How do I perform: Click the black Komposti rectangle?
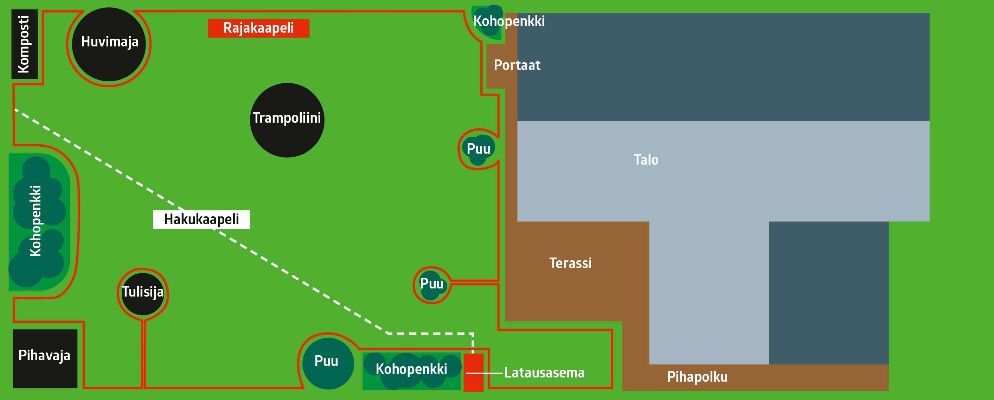click(x=24, y=44)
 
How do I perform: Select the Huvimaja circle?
click(x=109, y=44)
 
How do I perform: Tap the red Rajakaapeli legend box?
click(x=258, y=28)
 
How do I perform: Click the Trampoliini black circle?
click(x=287, y=120)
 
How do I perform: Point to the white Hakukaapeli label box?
click(x=201, y=219)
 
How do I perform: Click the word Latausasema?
click(x=544, y=373)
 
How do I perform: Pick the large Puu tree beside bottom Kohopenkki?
click(x=328, y=363)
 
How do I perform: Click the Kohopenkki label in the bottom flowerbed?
click(x=411, y=369)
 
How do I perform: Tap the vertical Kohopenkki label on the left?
click(x=36, y=221)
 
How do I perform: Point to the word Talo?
click(x=646, y=160)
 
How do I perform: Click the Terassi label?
click(x=570, y=263)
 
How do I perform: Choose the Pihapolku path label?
click(x=697, y=377)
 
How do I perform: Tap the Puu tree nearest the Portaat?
click(x=478, y=149)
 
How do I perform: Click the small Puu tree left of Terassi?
click(x=432, y=285)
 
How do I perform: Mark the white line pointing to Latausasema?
click(x=485, y=373)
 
